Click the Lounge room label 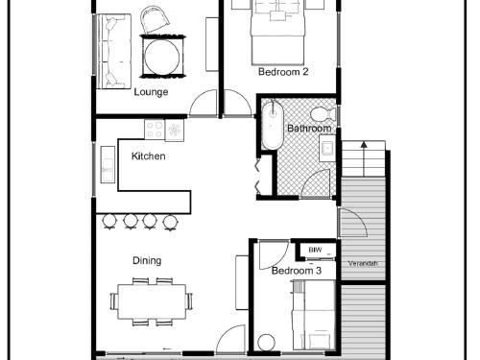[151, 92]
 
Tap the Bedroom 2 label [283, 72]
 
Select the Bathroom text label [309, 129]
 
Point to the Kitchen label [149, 156]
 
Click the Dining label [147, 261]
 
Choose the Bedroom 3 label [297, 271]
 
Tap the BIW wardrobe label [315, 250]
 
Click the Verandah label [363, 264]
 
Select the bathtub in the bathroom [273, 125]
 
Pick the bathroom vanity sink [327, 148]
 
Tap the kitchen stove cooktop [155, 129]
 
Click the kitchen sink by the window [108, 165]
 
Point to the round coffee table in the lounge [162, 57]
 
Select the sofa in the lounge [113, 51]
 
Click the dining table [152, 301]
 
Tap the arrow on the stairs [364, 159]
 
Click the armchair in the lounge [156, 21]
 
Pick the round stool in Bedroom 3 [266, 342]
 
